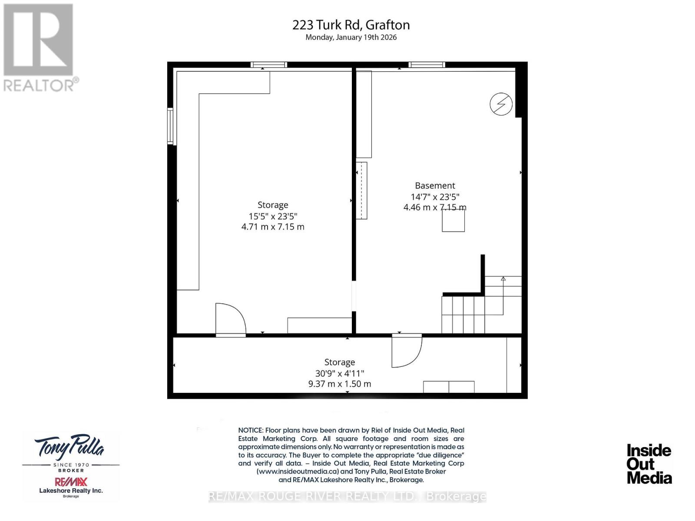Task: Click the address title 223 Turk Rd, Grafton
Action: point(351,25)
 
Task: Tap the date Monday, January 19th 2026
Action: point(351,37)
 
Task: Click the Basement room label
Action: point(435,186)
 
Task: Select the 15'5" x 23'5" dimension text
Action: point(273,216)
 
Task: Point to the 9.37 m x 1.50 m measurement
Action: point(340,384)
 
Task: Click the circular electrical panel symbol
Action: point(501,104)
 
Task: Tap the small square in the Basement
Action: point(453,221)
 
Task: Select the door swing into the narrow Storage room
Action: point(407,351)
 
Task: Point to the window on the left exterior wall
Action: point(170,126)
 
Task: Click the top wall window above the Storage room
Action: point(268,65)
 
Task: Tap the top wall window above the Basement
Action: point(427,65)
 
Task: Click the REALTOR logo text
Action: point(41,84)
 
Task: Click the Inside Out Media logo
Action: point(649,464)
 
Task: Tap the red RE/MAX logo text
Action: point(71,482)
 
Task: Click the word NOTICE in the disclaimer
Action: point(250,430)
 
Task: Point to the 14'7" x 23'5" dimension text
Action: point(435,197)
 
